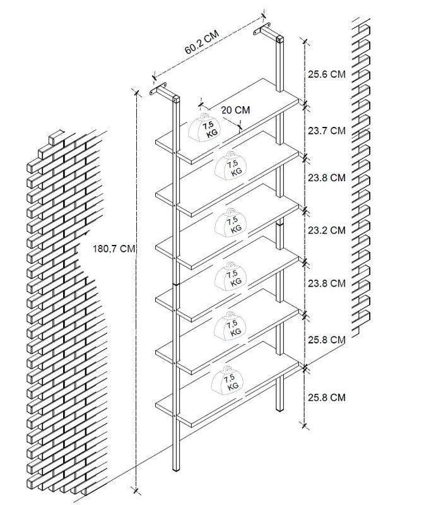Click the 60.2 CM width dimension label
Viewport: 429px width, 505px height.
(201, 42)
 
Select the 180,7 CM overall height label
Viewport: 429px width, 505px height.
(114, 249)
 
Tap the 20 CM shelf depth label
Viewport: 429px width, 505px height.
(235, 110)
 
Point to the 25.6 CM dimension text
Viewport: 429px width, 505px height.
(326, 74)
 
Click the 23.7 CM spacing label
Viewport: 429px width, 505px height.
(326, 131)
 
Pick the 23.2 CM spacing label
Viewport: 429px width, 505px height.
(326, 230)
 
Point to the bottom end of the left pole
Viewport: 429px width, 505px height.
(176, 470)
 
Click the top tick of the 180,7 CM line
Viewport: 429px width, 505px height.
(136, 92)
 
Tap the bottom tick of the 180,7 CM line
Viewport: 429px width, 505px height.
(136, 490)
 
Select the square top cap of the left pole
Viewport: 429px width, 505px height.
(176, 98)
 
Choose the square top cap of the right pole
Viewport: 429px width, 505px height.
(280, 39)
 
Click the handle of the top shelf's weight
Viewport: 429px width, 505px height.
(204, 117)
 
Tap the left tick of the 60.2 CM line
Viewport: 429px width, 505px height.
(154, 76)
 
